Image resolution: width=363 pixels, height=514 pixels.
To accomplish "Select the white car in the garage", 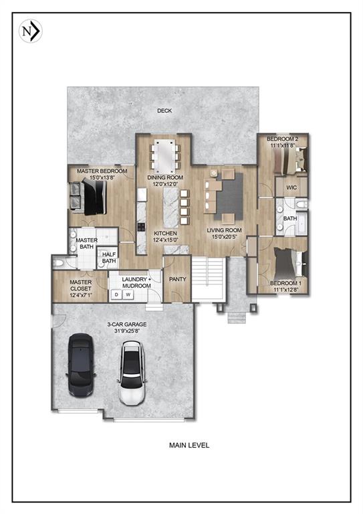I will click(x=133, y=373).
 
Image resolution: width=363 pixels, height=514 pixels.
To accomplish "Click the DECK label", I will click(x=164, y=111).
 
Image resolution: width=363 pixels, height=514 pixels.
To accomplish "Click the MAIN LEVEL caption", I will click(x=189, y=444).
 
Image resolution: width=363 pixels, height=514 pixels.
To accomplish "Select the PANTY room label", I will click(x=177, y=279).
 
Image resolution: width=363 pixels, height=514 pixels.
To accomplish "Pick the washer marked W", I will click(x=127, y=294).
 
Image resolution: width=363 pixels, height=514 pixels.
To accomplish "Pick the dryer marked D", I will click(x=116, y=294).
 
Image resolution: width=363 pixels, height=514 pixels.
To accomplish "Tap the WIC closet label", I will click(x=291, y=188).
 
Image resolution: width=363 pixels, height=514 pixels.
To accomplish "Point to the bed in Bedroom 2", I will click(x=291, y=161).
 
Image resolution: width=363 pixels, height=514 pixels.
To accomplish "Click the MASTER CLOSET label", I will click(x=80, y=287).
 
